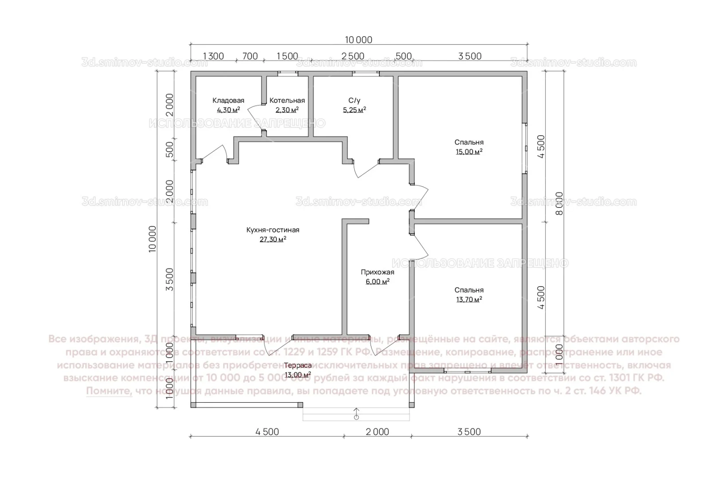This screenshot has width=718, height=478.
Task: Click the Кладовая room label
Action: [x=228, y=100]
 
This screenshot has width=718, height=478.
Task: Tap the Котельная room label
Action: [x=287, y=100]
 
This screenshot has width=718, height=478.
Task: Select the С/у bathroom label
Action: [x=354, y=100]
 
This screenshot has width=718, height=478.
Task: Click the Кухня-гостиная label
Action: [x=273, y=230]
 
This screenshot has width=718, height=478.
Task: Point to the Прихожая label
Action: [x=377, y=272]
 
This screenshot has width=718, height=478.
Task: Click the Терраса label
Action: [x=298, y=365]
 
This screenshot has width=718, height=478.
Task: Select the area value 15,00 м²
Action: [x=469, y=152]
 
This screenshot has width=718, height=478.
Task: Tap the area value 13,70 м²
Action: [x=469, y=300]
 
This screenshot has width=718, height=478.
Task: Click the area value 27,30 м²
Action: [x=273, y=239]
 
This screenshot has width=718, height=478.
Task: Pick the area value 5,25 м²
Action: [x=354, y=110]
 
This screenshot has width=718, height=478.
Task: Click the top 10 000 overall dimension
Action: [x=359, y=40]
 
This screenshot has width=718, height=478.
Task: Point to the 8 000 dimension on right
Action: [x=559, y=204]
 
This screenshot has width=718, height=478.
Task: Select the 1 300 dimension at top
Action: [x=213, y=56]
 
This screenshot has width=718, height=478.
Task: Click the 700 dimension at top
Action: [x=250, y=56]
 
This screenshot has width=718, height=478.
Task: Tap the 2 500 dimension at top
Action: [x=353, y=56]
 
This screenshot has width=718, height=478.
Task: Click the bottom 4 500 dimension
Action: [x=267, y=432]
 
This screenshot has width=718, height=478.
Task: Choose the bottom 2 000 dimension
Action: [x=377, y=432]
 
